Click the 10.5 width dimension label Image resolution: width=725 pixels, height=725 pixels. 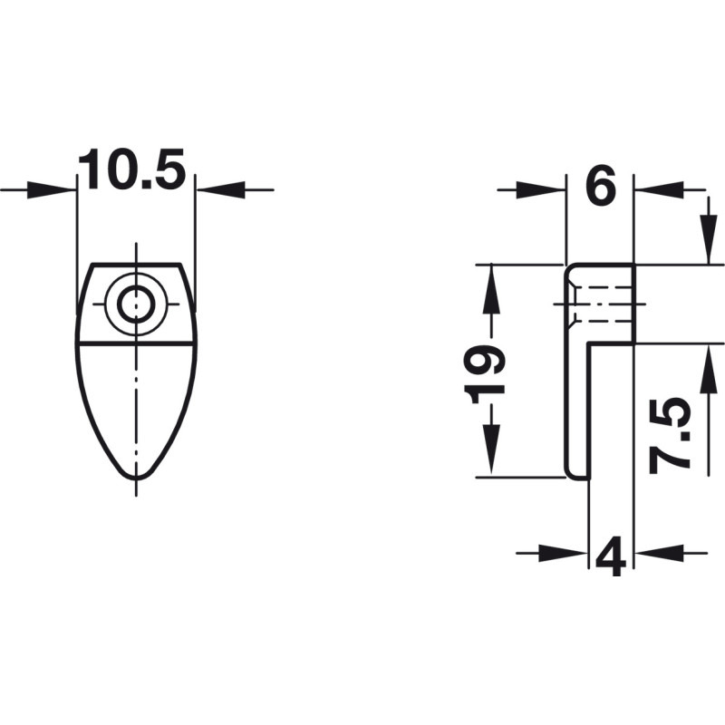(x=131, y=169)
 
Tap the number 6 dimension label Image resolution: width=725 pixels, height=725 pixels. (x=600, y=186)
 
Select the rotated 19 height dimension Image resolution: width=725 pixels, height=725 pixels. (x=484, y=375)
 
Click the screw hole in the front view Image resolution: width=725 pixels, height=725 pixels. (x=135, y=304)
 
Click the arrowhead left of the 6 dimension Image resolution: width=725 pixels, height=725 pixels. (x=540, y=189)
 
